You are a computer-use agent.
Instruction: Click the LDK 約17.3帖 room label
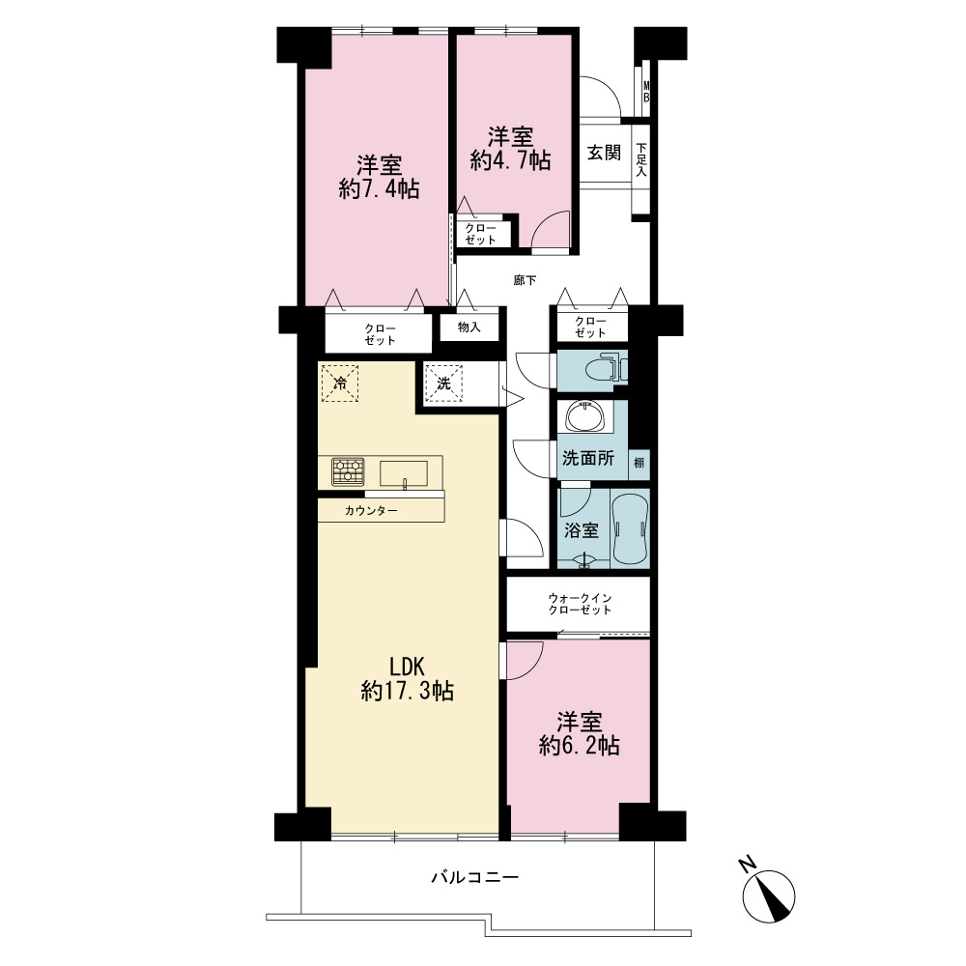pos(408,679)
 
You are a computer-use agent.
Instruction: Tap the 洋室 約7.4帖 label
pos(379,178)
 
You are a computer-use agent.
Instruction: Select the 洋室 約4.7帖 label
pos(510,149)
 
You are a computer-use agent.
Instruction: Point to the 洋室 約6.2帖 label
pos(579,734)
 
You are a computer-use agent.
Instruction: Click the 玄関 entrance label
pos(604,153)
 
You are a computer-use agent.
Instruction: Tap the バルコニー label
pos(475,877)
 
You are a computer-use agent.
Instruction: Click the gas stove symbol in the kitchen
pos(348,472)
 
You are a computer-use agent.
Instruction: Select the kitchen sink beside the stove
pos(404,473)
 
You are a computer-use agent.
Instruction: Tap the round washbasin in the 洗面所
pos(584,416)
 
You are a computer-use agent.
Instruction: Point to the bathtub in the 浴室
pos(631,528)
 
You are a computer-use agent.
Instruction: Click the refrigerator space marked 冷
pos(339,384)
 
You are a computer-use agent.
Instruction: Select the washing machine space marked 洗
pos(443,384)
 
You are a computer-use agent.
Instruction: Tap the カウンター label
pos(371,511)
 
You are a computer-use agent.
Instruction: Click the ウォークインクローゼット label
pos(580,604)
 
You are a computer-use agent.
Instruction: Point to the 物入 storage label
pos(469,327)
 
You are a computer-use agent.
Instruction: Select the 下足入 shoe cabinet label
pos(641,160)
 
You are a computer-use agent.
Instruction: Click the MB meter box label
pos(646,91)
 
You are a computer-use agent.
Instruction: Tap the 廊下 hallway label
pos(525,280)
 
